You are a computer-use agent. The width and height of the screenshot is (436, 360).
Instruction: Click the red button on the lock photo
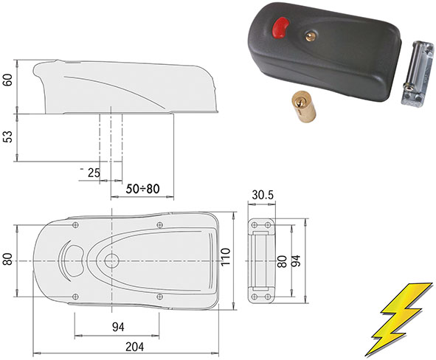280,27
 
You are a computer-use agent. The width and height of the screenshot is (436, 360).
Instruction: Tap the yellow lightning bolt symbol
401,319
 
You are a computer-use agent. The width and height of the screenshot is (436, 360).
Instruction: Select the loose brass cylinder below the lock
304,106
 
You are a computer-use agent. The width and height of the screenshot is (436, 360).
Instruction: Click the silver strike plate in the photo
417,72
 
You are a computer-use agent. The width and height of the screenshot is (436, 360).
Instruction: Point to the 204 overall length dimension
135,347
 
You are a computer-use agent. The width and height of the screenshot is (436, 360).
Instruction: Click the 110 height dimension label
226,257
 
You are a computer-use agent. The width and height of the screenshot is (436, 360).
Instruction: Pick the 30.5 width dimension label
263,195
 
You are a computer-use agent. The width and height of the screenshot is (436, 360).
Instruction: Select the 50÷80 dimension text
142,189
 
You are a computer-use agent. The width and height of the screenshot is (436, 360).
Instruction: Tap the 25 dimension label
94,173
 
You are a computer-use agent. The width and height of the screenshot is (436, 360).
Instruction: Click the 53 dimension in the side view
9,136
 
